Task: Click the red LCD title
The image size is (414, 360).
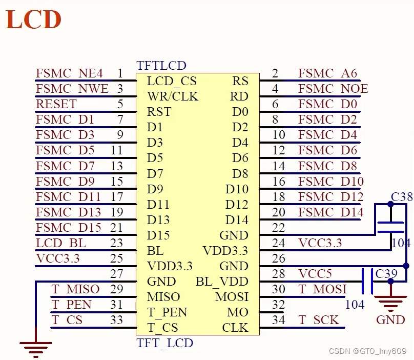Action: pos(34,19)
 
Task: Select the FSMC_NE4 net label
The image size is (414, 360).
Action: pos(69,73)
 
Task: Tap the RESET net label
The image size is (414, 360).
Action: pos(56,104)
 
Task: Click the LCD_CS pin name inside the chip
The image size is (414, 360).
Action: pos(171,81)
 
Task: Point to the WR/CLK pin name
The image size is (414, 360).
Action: pos(172,96)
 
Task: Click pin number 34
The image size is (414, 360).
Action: pos(278,320)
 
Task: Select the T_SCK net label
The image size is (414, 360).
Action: pos(318,320)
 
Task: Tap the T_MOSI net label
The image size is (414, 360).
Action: pos(322,289)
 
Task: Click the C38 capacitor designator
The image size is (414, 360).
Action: pos(401,197)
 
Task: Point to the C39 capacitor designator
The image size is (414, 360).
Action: pos(386,274)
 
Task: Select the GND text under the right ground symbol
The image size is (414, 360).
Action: pos(390,320)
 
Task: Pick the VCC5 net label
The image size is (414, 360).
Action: pos(316,274)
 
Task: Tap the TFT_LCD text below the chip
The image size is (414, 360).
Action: pos(164,343)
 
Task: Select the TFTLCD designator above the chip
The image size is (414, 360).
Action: pos(161,66)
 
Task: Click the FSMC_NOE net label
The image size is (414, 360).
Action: pos(333,89)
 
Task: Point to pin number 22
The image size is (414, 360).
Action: pos(278,228)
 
